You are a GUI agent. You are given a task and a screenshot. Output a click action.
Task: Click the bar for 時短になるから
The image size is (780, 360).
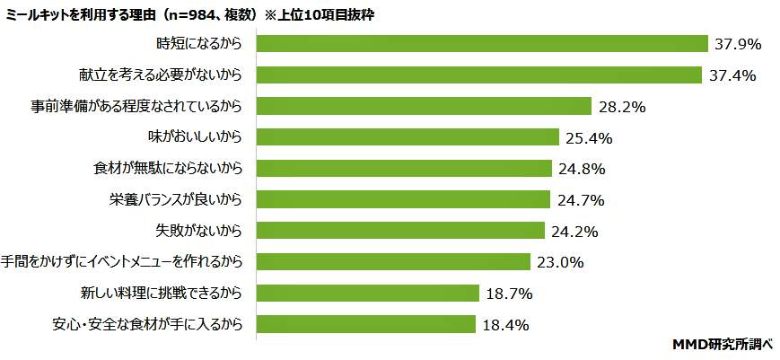[483, 43]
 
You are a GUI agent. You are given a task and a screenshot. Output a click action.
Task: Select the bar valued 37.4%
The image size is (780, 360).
[479, 75]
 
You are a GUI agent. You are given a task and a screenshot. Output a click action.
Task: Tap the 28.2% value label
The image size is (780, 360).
[622, 106]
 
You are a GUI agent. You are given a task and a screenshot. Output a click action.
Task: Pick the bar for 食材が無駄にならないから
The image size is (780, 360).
[404, 168]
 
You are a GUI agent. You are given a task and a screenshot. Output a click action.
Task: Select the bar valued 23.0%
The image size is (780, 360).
[393, 261]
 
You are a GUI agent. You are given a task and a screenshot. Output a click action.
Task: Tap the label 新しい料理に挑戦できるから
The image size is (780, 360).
[162, 293]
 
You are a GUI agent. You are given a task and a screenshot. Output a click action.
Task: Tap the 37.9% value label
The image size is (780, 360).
[738, 43]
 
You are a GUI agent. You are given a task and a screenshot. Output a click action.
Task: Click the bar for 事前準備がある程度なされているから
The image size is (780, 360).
[424, 106]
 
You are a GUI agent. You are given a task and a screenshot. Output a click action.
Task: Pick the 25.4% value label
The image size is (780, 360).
[589, 137]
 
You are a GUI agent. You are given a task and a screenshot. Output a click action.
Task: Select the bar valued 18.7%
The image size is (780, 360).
[368, 293]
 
